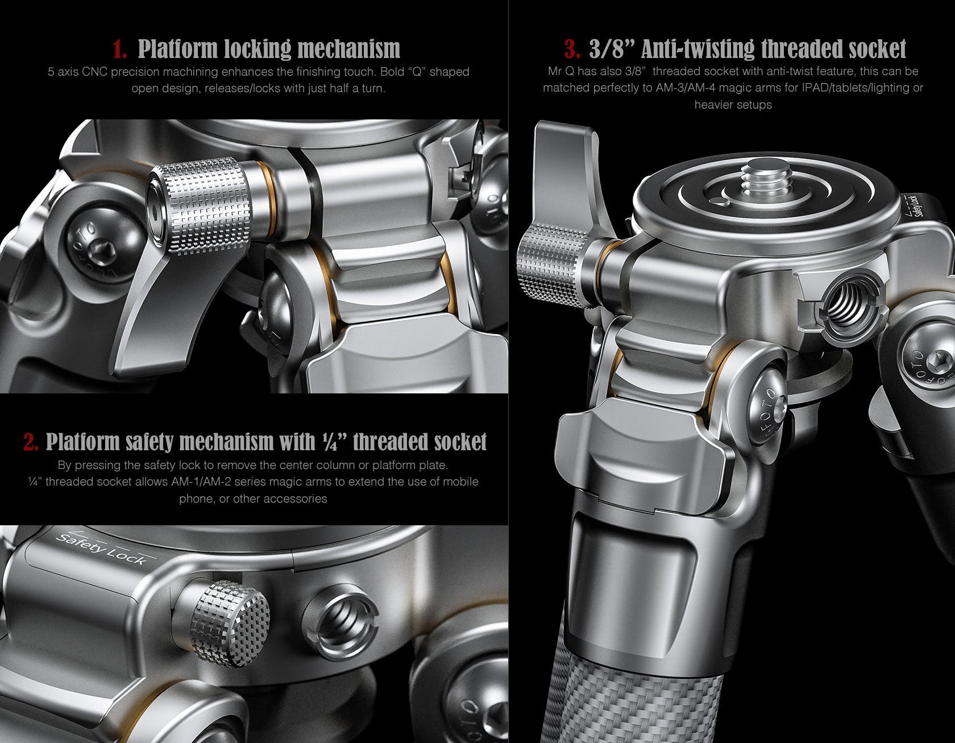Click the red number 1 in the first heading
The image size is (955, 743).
tap(119, 49)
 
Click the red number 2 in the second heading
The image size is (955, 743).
tap(31, 442)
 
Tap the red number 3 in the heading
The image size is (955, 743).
tap(572, 49)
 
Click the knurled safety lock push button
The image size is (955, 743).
tap(230, 623)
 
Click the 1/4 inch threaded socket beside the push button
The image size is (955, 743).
tap(341, 624)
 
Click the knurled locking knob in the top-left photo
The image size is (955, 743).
tap(201, 206)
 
